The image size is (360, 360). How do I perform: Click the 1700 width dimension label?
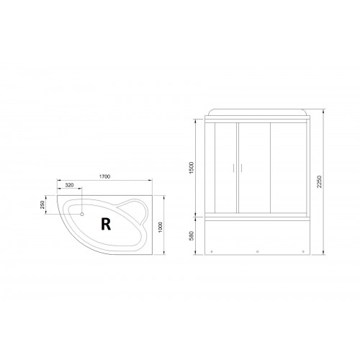pos(104,176)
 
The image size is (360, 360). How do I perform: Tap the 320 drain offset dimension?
pos(69,185)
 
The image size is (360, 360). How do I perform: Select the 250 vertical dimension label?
pos(42,204)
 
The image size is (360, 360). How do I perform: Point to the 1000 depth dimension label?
pos(161,227)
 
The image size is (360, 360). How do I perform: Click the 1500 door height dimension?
pos(192,168)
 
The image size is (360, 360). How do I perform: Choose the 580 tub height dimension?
pos(192,235)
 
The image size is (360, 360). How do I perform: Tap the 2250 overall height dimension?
pos(319,182)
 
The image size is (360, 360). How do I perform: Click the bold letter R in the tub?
pos(106,224)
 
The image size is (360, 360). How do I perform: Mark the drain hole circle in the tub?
pos(82,214)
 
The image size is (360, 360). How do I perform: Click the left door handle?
pos(233,168)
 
